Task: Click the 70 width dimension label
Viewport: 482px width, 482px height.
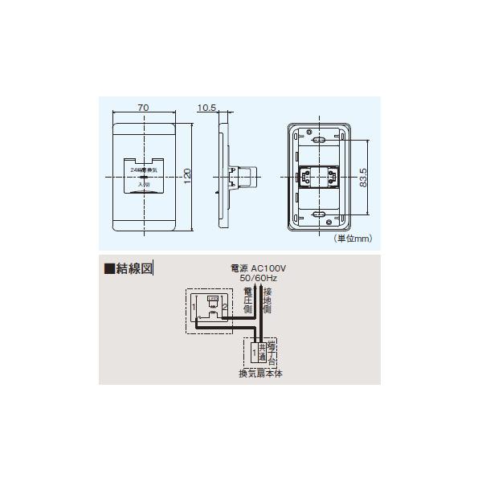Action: click(x=142, y=107)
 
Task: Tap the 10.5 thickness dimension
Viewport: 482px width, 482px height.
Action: click(x=207, y=107)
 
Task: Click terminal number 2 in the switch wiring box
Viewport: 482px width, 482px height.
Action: click(x=225, y=306)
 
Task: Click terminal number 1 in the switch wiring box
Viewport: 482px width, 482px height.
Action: click(x=195, y=306)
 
